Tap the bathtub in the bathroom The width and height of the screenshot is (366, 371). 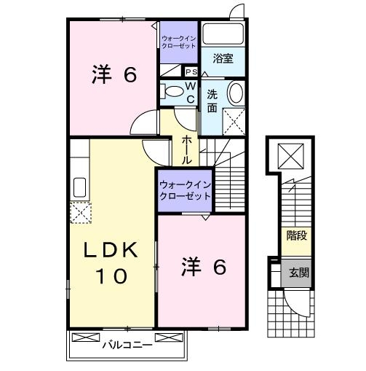222,35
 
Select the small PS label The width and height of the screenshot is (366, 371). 191,72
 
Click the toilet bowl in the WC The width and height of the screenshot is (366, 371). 173,93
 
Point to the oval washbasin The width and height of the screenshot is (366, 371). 236,93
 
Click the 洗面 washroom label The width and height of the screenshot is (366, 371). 212,101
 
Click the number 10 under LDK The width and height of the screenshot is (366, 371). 111,276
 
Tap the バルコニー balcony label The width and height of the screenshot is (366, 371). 127,345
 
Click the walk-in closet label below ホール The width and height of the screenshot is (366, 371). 185,190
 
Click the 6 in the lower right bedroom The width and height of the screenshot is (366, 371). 219,267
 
